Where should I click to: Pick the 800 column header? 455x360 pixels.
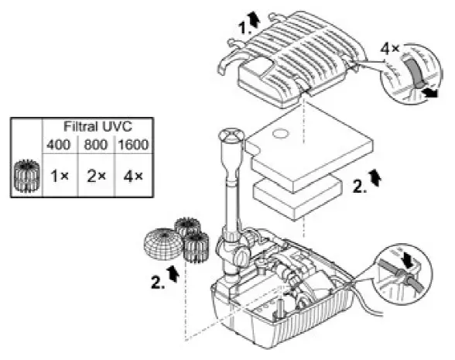pyautogui.click(x=95, y=144)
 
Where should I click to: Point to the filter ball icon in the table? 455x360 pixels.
pyautogui.click(x=26, y=177)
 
